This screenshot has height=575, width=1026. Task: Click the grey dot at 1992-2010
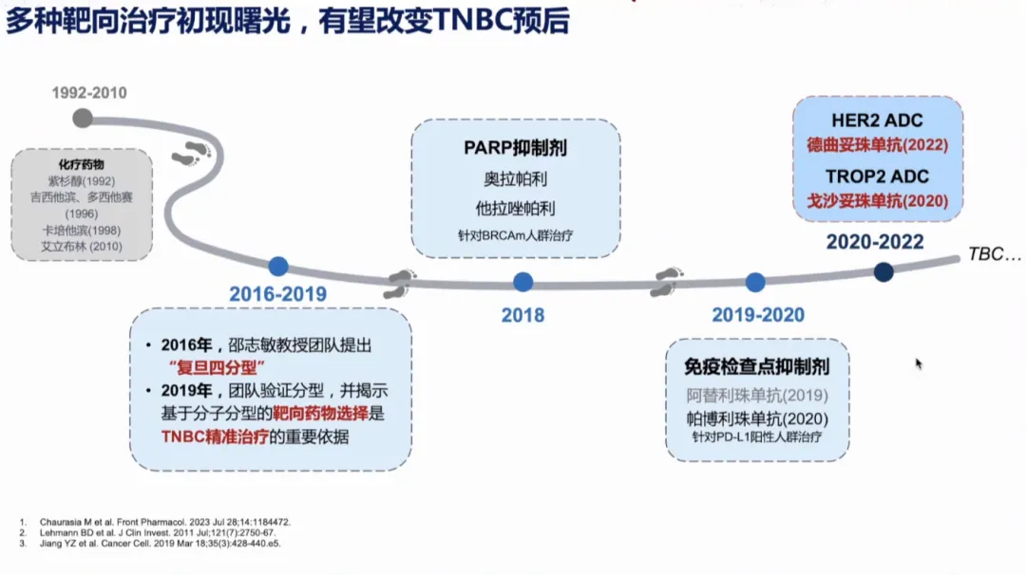[83, 118]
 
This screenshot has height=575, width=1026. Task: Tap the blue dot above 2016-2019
[277, 267]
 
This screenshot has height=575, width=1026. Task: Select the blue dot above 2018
[522, 282]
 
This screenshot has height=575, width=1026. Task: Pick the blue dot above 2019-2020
[755, 282]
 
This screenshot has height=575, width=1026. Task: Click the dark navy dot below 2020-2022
[883, 272]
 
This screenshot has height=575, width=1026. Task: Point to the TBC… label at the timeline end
[995, 254]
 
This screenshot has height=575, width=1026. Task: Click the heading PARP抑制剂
[516, 149]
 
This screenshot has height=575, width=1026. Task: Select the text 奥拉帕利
[516, 178]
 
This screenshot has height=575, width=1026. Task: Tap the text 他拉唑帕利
[516, 207]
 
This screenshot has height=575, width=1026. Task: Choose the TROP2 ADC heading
[877, 176]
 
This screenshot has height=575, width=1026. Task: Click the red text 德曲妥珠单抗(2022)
[878, 146]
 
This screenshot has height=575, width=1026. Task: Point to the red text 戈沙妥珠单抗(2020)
[878, 201]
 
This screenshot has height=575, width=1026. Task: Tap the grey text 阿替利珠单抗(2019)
[757, 396]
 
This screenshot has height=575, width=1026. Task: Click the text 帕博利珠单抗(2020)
[757, 418]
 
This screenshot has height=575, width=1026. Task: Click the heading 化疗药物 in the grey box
[82, 164]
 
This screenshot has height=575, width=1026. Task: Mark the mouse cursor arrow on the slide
[919, 363]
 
